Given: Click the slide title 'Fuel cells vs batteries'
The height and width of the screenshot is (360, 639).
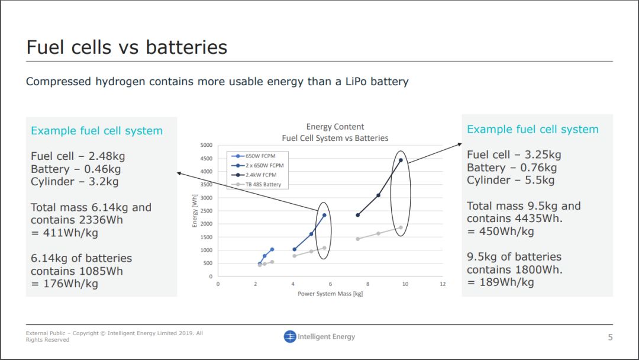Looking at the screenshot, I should [127, 47].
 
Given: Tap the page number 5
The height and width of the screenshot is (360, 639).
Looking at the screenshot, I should [610, 337].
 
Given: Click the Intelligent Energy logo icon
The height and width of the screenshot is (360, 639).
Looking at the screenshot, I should [289, 337].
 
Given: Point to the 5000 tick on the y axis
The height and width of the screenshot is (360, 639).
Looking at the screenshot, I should [206, 145].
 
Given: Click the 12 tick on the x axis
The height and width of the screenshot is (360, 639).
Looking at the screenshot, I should [443, 284].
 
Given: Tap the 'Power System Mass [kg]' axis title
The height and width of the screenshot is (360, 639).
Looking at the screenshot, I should [330, 294].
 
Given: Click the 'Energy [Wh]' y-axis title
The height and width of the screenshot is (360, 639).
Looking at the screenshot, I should [195, 211].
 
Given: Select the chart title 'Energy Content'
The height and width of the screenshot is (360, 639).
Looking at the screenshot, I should [335, 127].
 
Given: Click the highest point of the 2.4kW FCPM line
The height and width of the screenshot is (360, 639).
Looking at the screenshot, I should [401, 160].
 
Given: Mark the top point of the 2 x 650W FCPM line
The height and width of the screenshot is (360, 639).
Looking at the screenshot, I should [324, 215].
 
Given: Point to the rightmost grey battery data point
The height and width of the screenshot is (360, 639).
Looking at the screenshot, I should [401, 227].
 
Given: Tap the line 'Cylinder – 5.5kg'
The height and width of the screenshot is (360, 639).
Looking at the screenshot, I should [511, 180].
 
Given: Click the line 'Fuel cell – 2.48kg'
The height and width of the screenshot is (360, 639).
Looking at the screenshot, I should [78, 156].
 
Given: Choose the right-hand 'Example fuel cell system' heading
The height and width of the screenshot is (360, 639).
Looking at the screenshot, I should [532, 129].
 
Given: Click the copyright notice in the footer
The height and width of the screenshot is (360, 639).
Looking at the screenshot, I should [114, 336].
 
